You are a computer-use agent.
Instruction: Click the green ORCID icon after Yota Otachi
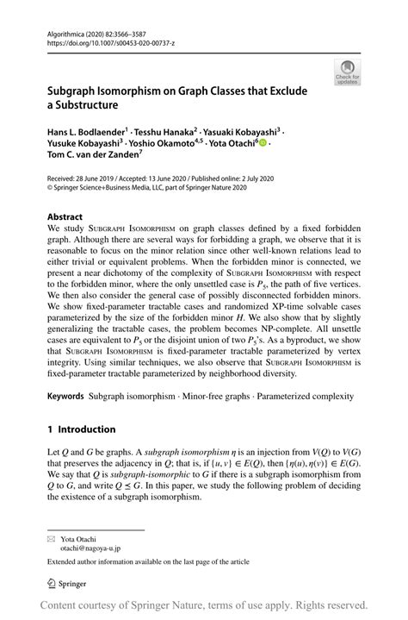point(263,145)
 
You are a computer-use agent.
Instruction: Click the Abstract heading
point(65,216)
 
